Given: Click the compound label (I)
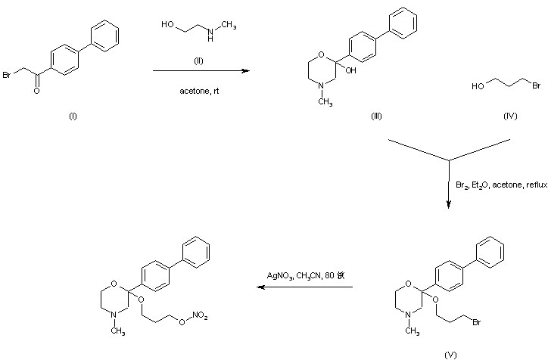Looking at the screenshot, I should coord(73,116).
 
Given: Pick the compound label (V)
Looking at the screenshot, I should coord(451,353).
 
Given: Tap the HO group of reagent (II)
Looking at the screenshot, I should coord(167,25).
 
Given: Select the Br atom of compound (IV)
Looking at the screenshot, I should coord(536,86).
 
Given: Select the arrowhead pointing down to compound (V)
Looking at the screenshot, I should coord(450,202).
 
